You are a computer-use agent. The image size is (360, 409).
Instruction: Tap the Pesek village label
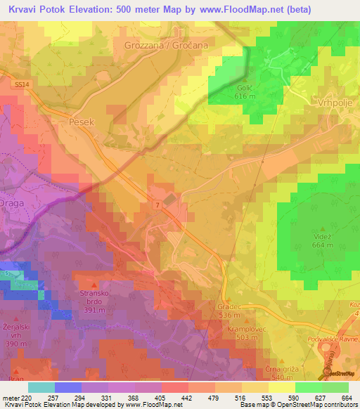(x=82, y=122)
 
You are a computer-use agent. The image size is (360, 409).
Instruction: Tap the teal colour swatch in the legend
(x=41, y=387)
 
